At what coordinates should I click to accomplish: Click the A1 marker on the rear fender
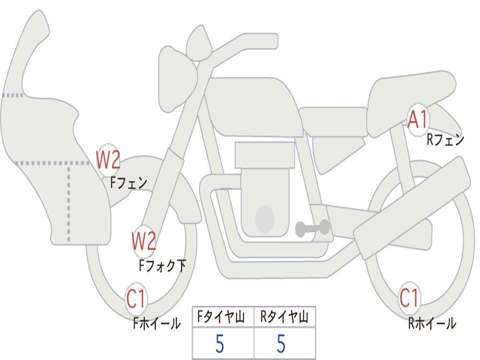click(x=418, y=120)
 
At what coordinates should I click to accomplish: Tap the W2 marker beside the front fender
click(x=108, y=160)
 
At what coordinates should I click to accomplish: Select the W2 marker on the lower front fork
click(x=144, y=241)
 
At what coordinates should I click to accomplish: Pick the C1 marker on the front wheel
click(x=136, y=299)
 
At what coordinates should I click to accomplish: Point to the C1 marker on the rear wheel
click(x=409, y=298)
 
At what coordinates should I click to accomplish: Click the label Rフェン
click(x=445, y=140)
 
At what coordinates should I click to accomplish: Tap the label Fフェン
click(x=128, y=183)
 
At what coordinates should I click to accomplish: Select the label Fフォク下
click(x=162, y=265)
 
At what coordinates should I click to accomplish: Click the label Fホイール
click(x=157, y=323)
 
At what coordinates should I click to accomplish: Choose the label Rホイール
click(x=432, y=323)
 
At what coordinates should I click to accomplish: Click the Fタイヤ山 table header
click(x=221, y=317)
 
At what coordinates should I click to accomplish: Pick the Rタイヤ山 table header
click(x=284, y=317)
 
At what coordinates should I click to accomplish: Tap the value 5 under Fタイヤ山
click(x=220, y=344)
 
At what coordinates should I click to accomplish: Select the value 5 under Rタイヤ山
click(x=281, y=344)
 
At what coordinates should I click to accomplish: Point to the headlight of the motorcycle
click(x=178, y=80)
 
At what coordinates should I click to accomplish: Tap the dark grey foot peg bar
click(x=313, y=228)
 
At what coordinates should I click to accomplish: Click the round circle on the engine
click(x=265, y=219)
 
